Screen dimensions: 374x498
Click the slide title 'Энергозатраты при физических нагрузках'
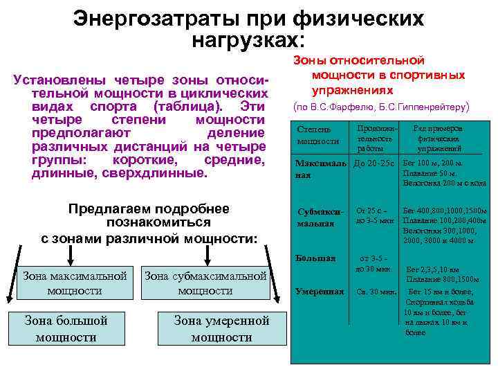[x=248, y=28]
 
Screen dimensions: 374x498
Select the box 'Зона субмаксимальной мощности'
[x=205, y=283]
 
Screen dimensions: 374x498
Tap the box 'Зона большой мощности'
[x=65, y=328]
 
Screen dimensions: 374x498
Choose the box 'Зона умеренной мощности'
[x=221, y=328]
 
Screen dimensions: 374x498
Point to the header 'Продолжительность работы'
[x=376, y=139]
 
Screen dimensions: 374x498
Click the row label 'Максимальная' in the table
[x=320, y=169]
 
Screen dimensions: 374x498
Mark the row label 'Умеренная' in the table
[x=320, y=292]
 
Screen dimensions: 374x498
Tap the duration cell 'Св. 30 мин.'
[x=376, y=292]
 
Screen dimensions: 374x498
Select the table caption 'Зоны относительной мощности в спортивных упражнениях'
[x=378, y=75]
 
